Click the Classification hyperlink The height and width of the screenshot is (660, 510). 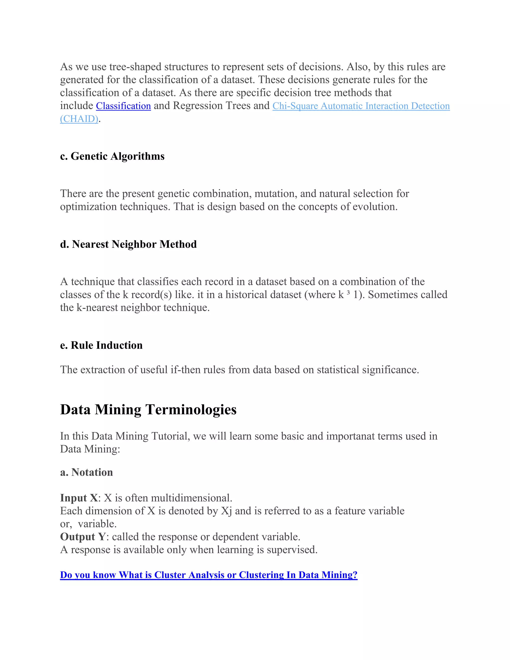coord(123,106)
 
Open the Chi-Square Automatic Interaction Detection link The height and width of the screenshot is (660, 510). coord(361,106)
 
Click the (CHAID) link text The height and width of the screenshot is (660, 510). coord(79,119)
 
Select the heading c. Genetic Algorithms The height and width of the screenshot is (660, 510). coord(112,156)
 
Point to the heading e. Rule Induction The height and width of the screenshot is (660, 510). coord(101,345)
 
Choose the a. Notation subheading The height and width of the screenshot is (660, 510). coord(86,472)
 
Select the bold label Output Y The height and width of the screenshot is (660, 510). coord(83,537)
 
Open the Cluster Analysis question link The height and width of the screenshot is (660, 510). coord(208,575)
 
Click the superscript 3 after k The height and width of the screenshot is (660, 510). coord(348,293)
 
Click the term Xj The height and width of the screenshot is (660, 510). coord(226,511)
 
